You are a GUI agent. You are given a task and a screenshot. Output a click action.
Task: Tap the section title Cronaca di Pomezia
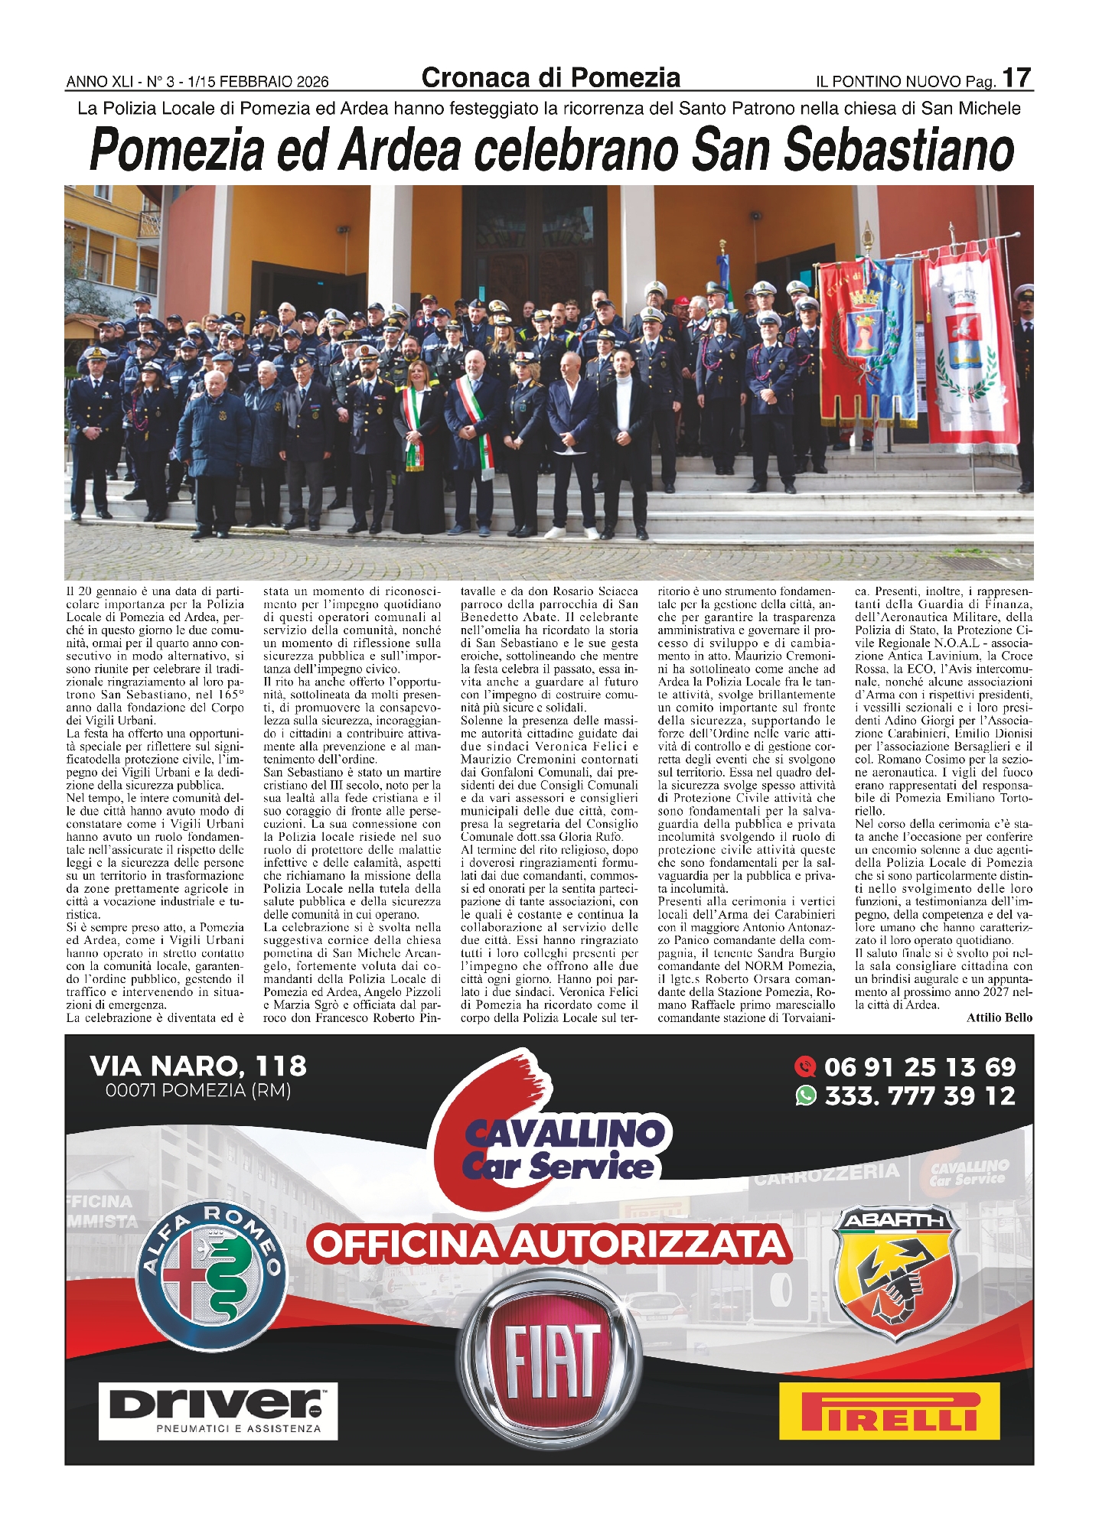click(550, 77)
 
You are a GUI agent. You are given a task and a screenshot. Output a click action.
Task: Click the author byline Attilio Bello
click(999, 1017)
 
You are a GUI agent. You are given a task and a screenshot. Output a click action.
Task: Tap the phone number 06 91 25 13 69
click(919, 1067)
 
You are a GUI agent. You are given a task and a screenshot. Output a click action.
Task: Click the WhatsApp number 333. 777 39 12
click(919, 1096)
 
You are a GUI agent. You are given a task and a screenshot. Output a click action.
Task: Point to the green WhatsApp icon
click(806, 1096)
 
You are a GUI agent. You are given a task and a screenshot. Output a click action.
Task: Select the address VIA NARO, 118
click(198, 1066)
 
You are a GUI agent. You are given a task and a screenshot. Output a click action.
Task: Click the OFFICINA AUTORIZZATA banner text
click(549, 1244)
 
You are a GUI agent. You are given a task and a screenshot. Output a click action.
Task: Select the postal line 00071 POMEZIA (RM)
click(198, 1090)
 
